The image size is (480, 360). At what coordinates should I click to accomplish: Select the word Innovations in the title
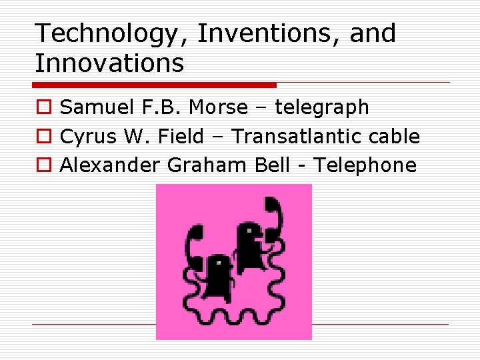click(109, 63)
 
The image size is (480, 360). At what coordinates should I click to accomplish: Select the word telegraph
click(322, 107)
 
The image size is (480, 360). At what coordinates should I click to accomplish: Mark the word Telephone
click(365, 165)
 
